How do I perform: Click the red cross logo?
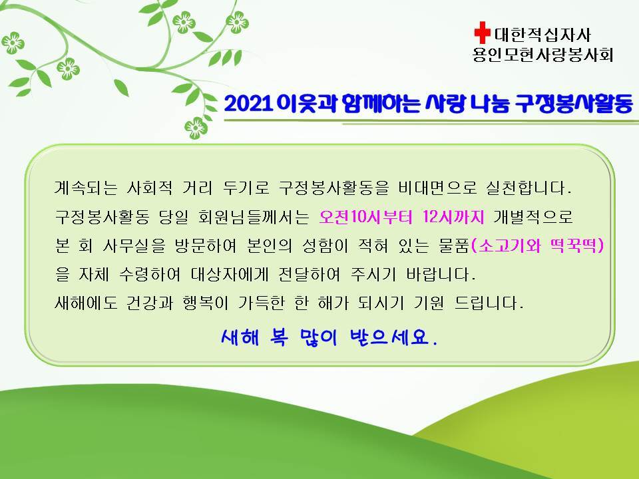pyautogui.click(x=482, y=33)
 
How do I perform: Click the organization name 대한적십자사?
pyautogui.click(x=542, y=35)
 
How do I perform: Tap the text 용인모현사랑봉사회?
pyautogui.click(x=543, y=54)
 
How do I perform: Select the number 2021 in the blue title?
pyautogui.click(x=248, y=104)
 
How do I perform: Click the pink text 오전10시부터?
pyautogui.click(x=365, y=217)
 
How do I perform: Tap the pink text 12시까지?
pyautogui.click(x=453, y=217)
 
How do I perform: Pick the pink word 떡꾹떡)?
pyautogui.click(x=576, y=245)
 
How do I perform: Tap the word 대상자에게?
pyautogui.click(x=230, y=274)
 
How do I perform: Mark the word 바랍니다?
pyautogui.click(x=441, y=274)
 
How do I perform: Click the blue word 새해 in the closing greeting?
pyautogui.click(x=240, y=337)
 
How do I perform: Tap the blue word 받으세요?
pyautogui.click(x=393, y=337)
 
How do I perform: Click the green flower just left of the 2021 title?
pyautogui.click(x=196, y=128)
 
